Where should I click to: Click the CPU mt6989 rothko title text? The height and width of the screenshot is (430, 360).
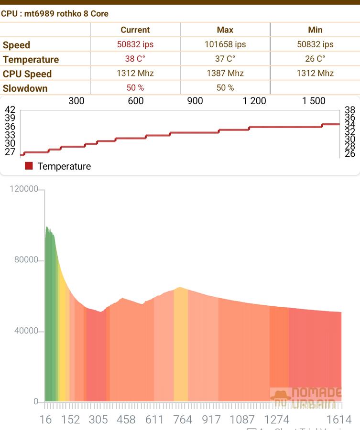coord(55,13)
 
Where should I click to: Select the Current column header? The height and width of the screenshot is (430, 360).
coord(135,30)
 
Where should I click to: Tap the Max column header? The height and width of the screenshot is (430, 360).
coord(225,30)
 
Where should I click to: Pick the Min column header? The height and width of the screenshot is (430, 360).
coord(315,30)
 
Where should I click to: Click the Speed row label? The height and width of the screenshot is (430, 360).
coord(16,45)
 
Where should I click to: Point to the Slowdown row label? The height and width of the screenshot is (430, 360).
coord(25,88)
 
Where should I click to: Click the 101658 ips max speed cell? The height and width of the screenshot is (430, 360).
coord(225,44)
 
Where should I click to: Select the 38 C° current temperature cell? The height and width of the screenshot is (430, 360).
coord(135,59)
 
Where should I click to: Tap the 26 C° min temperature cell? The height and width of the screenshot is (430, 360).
coord(315,59)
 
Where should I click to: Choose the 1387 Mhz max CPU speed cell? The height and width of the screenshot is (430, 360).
coord(225,73)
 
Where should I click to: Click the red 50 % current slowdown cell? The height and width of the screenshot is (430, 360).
coord(135,88)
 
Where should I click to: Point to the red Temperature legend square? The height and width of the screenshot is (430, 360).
coord(29,166)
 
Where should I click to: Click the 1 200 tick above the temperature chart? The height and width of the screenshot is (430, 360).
coord(254,101)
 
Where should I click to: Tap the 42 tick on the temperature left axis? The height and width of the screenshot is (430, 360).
coord(10,110)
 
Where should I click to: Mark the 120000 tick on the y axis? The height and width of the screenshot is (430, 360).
coord(24,189)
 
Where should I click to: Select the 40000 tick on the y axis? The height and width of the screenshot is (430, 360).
coord(26,331)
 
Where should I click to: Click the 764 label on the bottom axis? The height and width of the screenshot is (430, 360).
coord(182,419)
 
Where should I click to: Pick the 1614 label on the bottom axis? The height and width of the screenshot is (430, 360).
coord(339,419)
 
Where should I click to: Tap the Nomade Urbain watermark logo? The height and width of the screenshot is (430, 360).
coord(306,398)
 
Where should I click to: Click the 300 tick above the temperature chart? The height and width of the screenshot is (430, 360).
coord(76,101)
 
